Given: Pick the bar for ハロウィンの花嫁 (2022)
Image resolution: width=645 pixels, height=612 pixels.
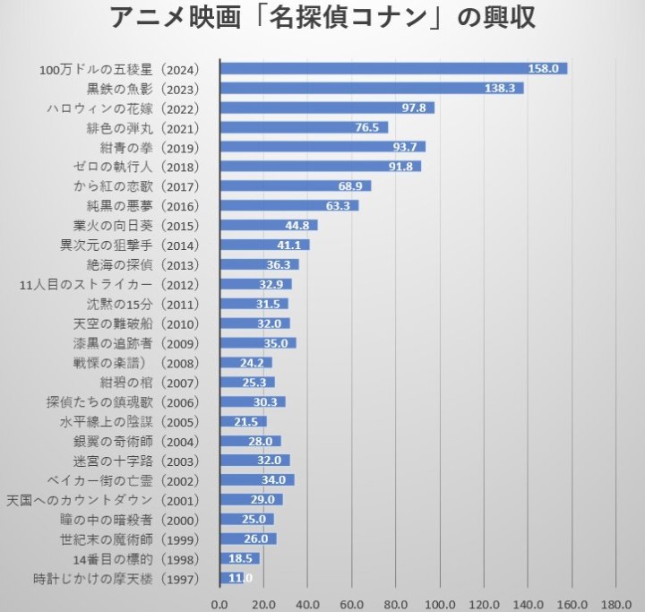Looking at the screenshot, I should pyautogui.click(x=327, y=108).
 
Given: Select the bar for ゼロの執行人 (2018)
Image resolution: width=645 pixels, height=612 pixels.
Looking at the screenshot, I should pyautogui.click(x=320, y=167).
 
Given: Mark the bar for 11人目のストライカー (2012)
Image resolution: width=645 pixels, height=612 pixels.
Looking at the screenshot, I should pyautogui.click(x=255, y=284).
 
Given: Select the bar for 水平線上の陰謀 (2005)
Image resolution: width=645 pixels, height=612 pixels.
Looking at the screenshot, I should pyautogui.click(x=243, y=421).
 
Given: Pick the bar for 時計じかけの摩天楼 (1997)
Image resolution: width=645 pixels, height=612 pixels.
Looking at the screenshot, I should pyautogui.click(x=231, y=578).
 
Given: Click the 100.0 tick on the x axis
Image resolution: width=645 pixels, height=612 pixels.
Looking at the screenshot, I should pyautogui.click(x=440, y=601).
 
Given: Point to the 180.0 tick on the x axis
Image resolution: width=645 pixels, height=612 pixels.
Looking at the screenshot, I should pyautogui.click(x=615, y=601).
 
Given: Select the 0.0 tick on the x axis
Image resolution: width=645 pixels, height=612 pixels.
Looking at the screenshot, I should pyautogui.click(x=219, y=601).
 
